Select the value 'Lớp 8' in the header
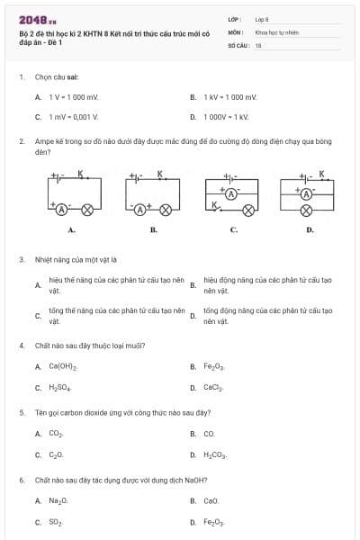(x=262, y=18)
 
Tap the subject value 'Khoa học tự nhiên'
(x=273, y=31)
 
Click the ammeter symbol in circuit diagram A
(x=62, y=209)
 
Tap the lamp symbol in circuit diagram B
(x=166, y=209)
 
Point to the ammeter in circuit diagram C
(x=230, y=193)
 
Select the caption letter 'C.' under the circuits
(x=233, y=230)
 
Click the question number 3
(x=22, y=260)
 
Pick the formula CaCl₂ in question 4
(x=213, y=388)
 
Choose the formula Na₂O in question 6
(x=58, y=500)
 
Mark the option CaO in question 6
(x=211, y=500)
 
